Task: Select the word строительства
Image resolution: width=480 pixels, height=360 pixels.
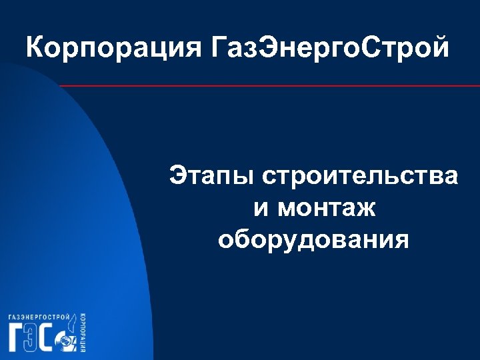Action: pyautogui.click(x=360, y=177)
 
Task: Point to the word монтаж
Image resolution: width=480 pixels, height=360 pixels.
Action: pyautogui.click(x=327, y=209)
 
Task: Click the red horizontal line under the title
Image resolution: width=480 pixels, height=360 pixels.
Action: pyautogui.click(x=267, y=86)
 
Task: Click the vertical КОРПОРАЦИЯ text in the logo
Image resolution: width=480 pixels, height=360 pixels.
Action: pyautogui.click(x=81, y=333)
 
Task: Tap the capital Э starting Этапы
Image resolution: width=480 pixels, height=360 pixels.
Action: pyautogui.click(x=178, y=177)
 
